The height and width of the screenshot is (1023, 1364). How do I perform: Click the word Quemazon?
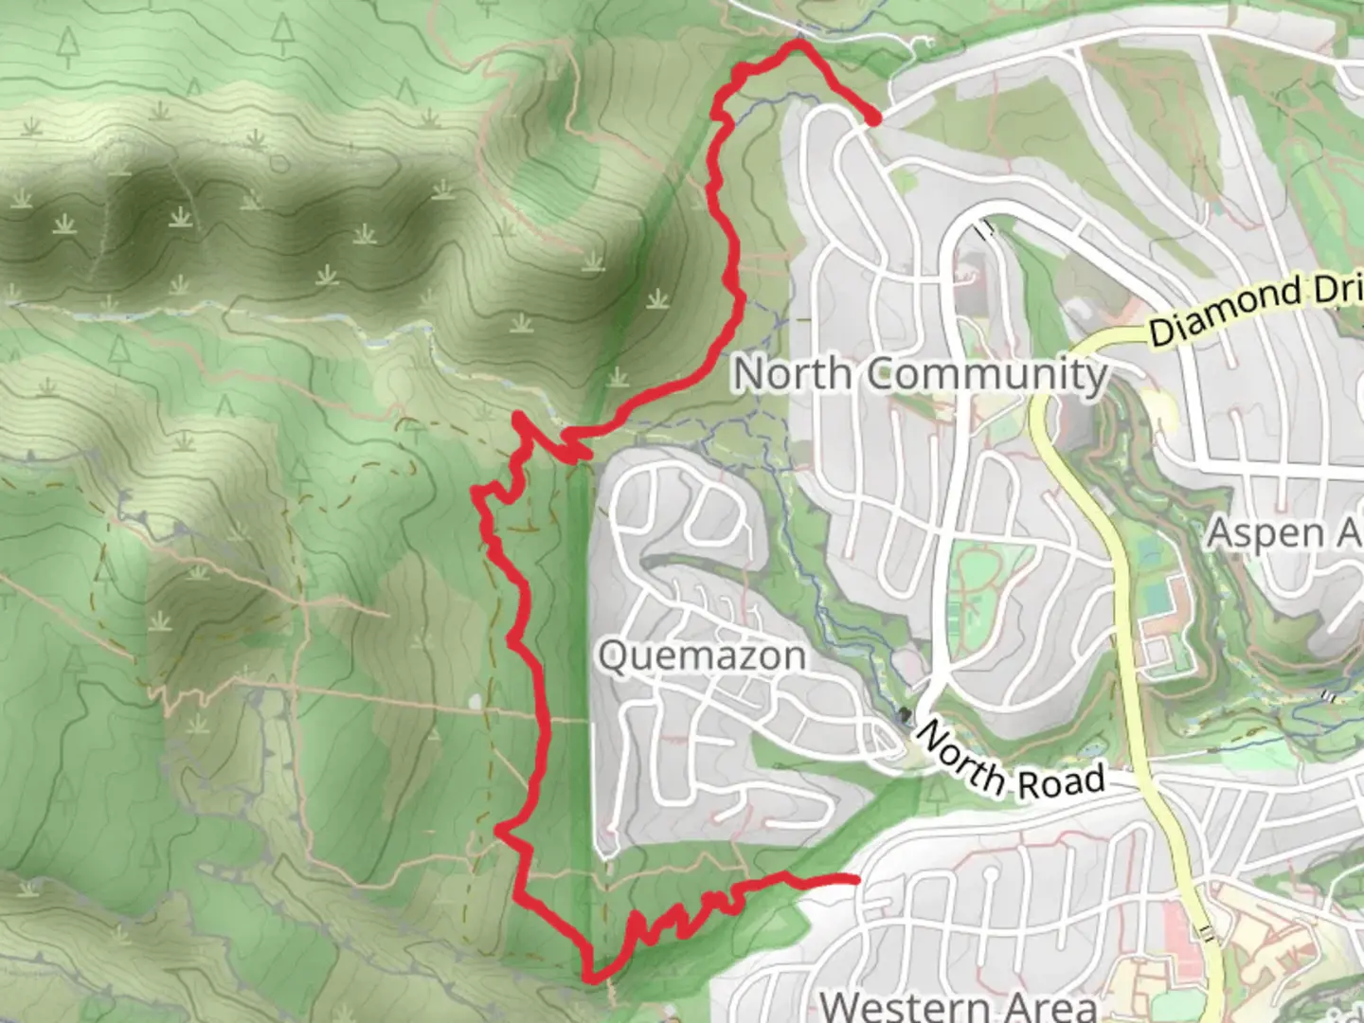click(702, 655)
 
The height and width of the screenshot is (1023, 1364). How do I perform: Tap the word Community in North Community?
click(988, 374)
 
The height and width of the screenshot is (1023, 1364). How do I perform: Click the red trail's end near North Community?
click(872, 117)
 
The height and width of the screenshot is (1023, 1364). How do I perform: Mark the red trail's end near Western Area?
click(855, 881)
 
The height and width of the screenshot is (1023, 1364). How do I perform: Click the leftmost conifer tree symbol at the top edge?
click(67, 43)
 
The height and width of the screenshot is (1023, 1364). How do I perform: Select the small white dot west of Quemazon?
click(475, 703)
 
